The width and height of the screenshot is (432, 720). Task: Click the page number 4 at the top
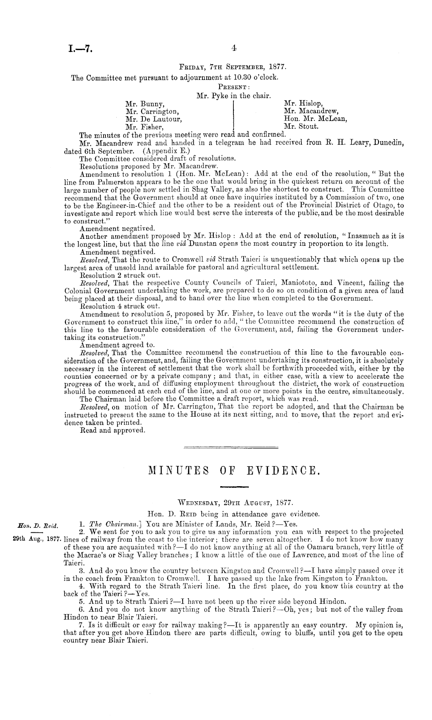tap(233, 48)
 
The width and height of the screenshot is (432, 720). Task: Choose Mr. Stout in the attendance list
tap(301, 126)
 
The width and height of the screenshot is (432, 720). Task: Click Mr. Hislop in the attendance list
tap(304, 104)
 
